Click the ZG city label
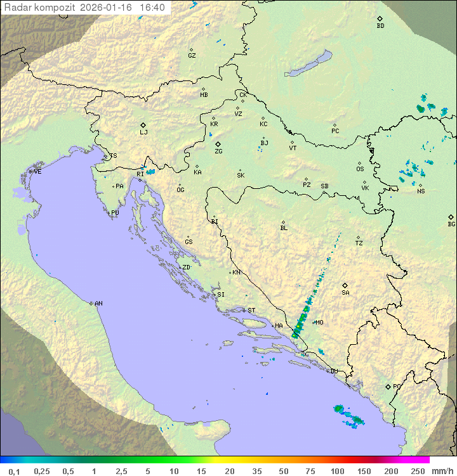pos(218,151)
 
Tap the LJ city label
pos(143,132)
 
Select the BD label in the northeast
pos(380,26)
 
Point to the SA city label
pos(345,292)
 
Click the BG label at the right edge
pos(451,224)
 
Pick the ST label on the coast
pos(251,311)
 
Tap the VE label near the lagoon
pos(37,172)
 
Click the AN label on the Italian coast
pos(98,304)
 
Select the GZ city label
pos(192,55)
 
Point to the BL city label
pos(284,228)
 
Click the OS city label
pos(360,169)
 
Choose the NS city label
pos(421,191)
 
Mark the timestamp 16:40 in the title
pos(152,8)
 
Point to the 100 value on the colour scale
pos(337,471)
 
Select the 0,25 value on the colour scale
pos(42,471)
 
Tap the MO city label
pos(319,323)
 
